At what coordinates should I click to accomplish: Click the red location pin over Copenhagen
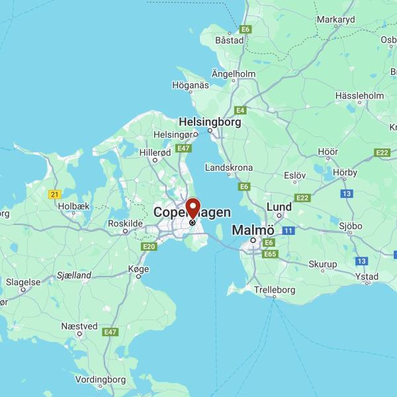pyautogui.click(x=193, y=208)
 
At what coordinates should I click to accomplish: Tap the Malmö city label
pyautogui.click(x=253, y=230)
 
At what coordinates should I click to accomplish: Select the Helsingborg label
pyautogui.click(x=210, y=122)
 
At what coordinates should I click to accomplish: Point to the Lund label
pyautogui.click(x=279, y=207)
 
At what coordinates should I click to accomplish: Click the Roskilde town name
pyautogui.click(x=125, y=224)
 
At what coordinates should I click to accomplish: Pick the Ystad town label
pyautogui.click(x=367, y=276)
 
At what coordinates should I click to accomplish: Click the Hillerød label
pyautogui.click(x=155, y=152)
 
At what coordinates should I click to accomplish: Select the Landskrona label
pyautogui.click(x=229, y=168)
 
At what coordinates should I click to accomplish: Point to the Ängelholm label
pyautogui.click(x=233, y=73)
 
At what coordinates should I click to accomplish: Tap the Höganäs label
pyautogui.click(x=191, y=85)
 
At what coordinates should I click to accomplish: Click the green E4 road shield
pyautogui.click(x=240, y=110)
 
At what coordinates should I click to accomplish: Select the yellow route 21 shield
pyautogui.click(x=55, y=194)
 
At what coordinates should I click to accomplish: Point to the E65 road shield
pyautogui.click(x=269, y=254)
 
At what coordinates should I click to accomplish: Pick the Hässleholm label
pyautogui.click(x=360, y=96)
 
